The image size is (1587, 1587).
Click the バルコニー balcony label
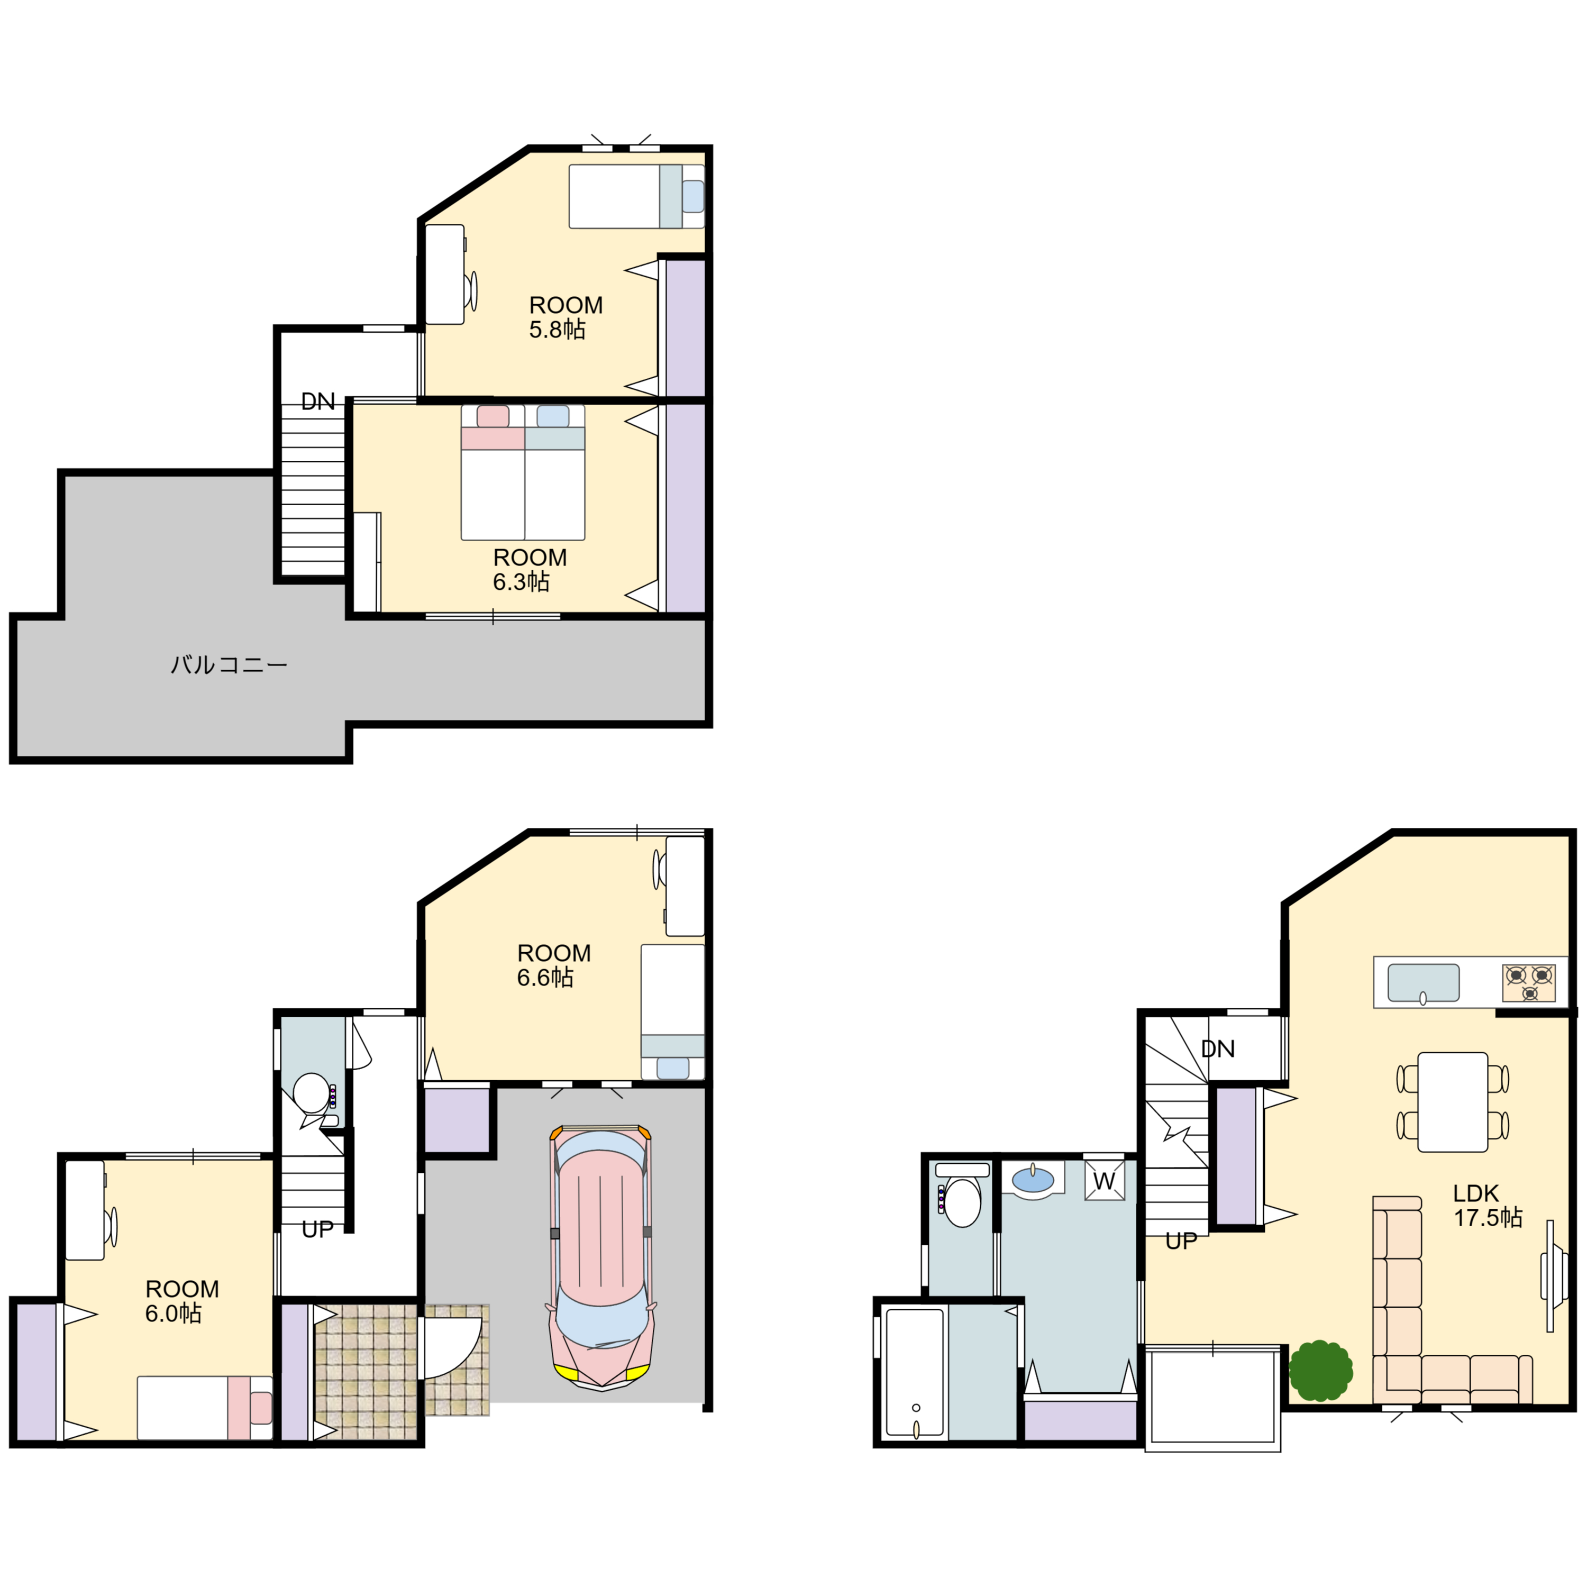[x=229, y=664]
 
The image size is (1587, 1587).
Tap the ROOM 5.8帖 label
[x=565, y=317]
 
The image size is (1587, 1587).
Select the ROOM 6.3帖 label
[x=529, y=569]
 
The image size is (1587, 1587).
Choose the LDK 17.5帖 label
[x=1488, y=1205]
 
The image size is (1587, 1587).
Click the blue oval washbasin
[x=1033, y=1180]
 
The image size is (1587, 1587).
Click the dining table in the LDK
[x=1452, y=1101]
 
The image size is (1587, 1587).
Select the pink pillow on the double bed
[x=493, y=416]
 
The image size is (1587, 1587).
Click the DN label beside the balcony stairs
[x=318, y=402]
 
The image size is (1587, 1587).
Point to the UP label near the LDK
[x=1181, y=1241]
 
